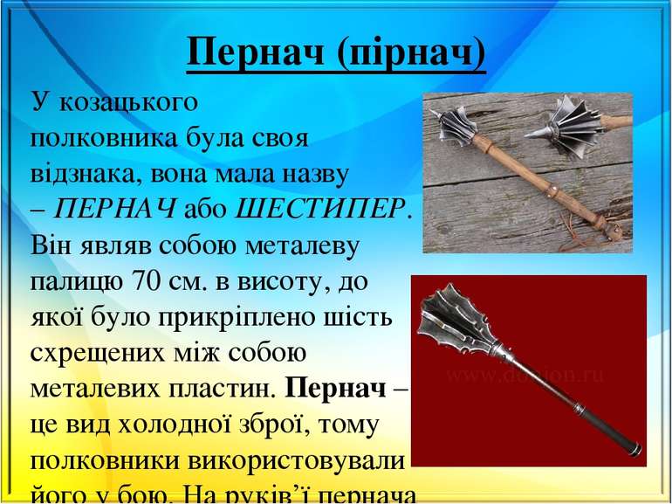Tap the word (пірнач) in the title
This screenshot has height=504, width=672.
[410, 55]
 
